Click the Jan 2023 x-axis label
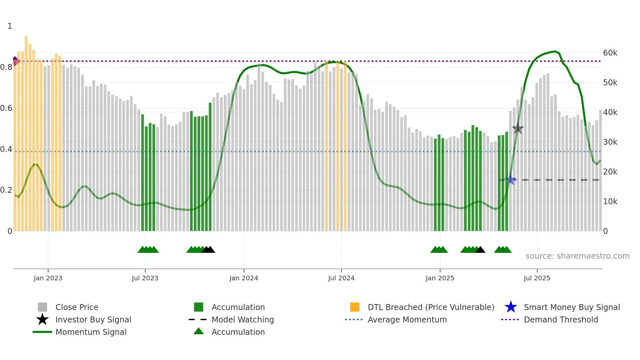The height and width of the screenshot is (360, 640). click(x=48, y=278)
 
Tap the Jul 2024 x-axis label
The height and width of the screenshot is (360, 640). click(x=341, y=278)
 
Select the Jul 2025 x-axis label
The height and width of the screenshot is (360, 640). click(x=537, y=278)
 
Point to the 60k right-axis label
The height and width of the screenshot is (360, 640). click(x=610, y=53)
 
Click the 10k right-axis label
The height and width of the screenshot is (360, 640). click(x=610, y=202)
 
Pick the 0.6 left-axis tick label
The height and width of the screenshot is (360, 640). click(x=6, y=108)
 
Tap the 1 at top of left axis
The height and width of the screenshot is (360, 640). click(x=10, y=26)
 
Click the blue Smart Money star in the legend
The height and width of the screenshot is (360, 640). click(x=511, y=307)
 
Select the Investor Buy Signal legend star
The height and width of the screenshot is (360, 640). click(x=42, y=319)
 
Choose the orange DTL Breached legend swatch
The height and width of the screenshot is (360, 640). click(x=355, y=307)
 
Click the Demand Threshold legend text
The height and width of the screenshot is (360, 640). click(x=561, y=319)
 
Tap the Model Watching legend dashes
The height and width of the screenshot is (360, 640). click(x=198, y=319)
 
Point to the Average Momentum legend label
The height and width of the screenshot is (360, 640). click(x=407, y=319)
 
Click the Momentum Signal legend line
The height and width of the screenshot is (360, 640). click(x=42, y=332)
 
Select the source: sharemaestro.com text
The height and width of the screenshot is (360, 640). click(x=577, y=256)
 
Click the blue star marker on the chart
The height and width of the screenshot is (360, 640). click(x=510, y=180)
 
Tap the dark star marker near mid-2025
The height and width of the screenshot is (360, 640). click(x=518, y=129)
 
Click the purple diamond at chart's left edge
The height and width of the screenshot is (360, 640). click(x=15, y=61)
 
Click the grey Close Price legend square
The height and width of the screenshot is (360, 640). click(x=42, y=307)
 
